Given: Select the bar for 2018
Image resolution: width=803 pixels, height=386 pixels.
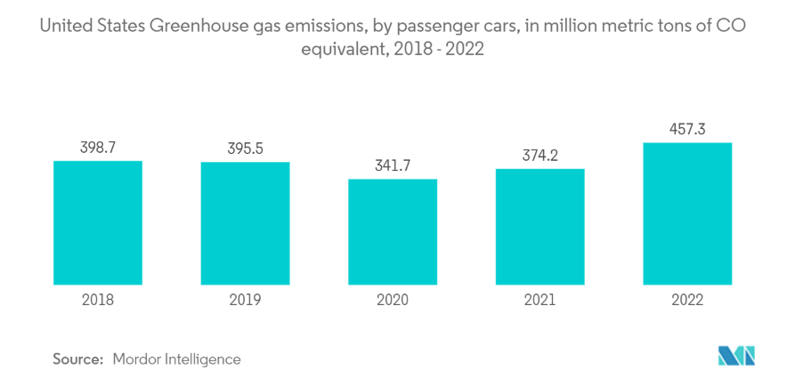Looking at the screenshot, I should [98, 222].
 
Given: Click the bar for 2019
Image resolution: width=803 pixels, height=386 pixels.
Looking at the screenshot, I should [245, 223].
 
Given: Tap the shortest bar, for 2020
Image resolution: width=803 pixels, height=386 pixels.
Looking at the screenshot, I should [393, 232].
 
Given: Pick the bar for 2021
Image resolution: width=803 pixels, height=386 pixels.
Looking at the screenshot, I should [539, 227].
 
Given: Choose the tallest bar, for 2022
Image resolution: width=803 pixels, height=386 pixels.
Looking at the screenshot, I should [687, 213].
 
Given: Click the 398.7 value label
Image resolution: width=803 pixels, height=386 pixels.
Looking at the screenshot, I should [98, 147].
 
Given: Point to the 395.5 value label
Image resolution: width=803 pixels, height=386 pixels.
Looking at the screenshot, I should [245, 149].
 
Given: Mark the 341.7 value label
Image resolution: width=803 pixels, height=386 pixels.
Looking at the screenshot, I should [393, 165].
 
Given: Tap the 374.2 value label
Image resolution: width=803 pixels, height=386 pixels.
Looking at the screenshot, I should [539, 155].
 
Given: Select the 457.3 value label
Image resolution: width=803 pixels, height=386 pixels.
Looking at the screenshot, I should [687, 129].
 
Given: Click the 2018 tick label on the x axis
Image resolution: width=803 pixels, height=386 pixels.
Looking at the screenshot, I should [98, 301].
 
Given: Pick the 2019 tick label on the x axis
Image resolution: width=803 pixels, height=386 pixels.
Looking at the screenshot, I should [245, 301].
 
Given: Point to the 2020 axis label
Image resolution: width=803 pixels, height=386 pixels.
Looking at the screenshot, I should [393, 301].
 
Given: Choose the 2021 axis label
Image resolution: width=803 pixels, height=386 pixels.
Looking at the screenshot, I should [539, 301].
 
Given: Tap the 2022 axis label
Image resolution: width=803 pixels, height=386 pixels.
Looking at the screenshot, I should [687, 301].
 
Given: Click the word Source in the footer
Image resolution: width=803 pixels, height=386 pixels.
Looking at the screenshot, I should [77, 359].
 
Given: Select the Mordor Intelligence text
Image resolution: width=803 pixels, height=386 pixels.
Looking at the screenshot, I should [176, 359].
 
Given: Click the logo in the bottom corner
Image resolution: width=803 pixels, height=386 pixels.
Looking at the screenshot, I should [736, 357].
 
